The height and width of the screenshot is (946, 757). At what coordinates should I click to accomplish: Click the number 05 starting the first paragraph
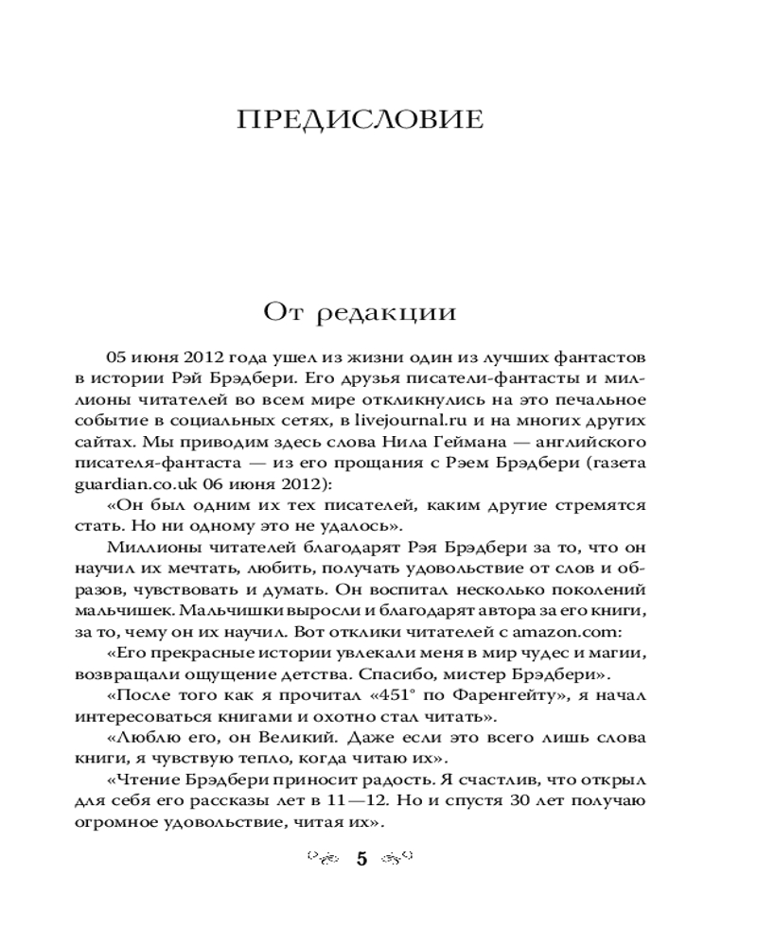coord(118,359)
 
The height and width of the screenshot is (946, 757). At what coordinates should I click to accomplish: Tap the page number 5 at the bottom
coord(361,860)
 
